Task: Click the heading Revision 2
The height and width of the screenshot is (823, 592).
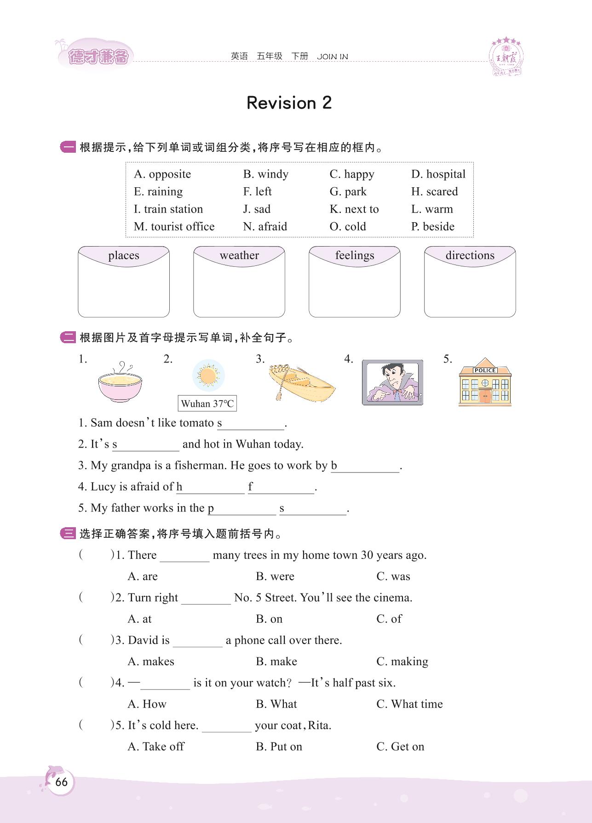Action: click(289, 103)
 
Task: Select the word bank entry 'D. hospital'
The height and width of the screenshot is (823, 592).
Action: click(438, 174)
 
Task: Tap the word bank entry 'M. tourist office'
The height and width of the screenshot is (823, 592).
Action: click(174, 226)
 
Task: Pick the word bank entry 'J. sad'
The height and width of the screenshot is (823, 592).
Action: click(257, 209)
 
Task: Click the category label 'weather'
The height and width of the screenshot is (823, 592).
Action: click(239, 255)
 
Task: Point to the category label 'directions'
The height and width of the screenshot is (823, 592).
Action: click(470, 255)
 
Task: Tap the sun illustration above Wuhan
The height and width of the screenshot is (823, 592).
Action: click(208, 376)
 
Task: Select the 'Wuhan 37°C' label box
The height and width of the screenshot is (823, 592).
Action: click(207, 403)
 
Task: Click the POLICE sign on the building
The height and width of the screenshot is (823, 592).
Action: click(485, 370)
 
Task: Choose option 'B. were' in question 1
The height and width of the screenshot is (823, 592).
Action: click(275, 576)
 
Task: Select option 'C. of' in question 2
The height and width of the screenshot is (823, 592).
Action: click(389, 619)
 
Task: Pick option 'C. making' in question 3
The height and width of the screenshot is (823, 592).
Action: click(402, 662)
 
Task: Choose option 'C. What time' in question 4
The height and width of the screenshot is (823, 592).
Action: click(409, 704)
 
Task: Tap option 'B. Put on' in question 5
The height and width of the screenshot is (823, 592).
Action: click(279, 746)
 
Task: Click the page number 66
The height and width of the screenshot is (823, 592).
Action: click(61, 782)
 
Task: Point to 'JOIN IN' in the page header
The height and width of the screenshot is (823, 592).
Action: click(332, 57)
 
